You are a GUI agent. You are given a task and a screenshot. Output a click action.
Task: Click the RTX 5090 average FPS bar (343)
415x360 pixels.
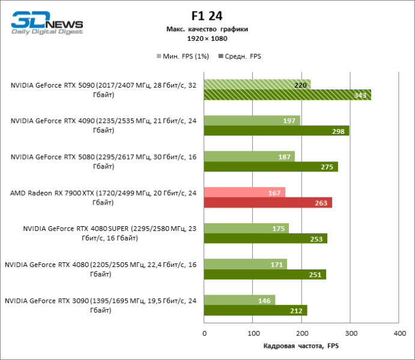(287, 95)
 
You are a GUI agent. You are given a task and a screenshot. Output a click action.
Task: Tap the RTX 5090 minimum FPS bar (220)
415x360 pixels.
(257, 85)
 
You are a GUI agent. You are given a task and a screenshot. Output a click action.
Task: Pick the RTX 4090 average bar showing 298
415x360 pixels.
(276, 131)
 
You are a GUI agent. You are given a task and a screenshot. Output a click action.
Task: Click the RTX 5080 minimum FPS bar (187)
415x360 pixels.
(249, 157)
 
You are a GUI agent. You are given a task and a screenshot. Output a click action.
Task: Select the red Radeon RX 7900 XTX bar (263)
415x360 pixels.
(268, 203)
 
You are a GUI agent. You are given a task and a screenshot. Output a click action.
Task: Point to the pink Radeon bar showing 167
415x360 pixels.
(244, 193)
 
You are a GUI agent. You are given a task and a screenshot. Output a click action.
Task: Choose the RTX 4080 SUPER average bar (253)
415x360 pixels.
(265, 238)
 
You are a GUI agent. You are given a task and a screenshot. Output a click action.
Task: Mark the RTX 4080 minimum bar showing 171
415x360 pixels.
(246, 264)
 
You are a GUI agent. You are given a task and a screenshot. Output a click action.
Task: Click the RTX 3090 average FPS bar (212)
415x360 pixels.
(255, 310)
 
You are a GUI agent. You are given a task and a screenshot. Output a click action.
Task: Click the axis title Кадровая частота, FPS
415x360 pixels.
(301, 346)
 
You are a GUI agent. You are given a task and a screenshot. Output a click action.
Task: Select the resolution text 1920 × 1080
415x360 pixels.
(207, 38)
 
